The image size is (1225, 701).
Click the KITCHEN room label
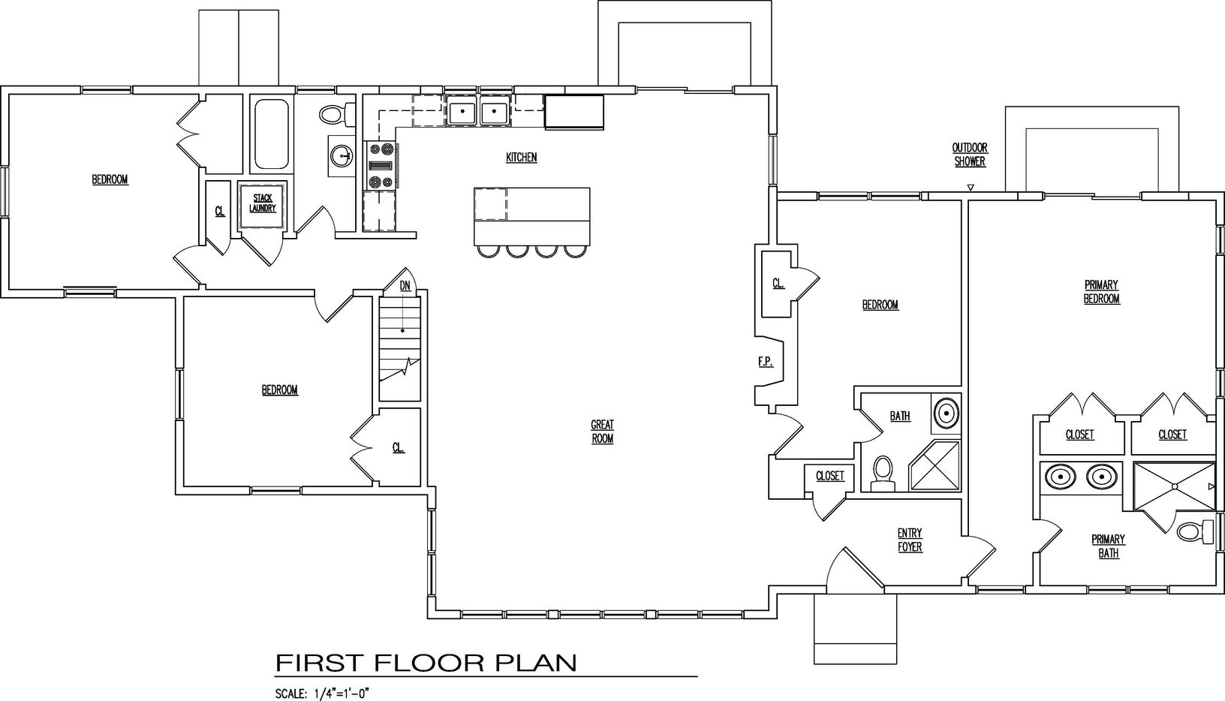coord(521,158)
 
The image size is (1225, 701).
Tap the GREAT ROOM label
coord(602,432)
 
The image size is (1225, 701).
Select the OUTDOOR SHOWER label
coord(970,155)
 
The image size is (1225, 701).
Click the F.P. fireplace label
coord(766,363)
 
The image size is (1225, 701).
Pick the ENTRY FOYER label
coord(910,540)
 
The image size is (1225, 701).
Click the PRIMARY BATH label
coord(1108,546)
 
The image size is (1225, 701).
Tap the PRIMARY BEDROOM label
coord(1101,292)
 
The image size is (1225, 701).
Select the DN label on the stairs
coord(405,286)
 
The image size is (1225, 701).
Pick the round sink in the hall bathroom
coord(342,156)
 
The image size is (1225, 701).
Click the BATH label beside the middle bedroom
coord(900,416)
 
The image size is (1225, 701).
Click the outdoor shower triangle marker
coord(970,187)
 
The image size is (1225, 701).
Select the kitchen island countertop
coord(531,215)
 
